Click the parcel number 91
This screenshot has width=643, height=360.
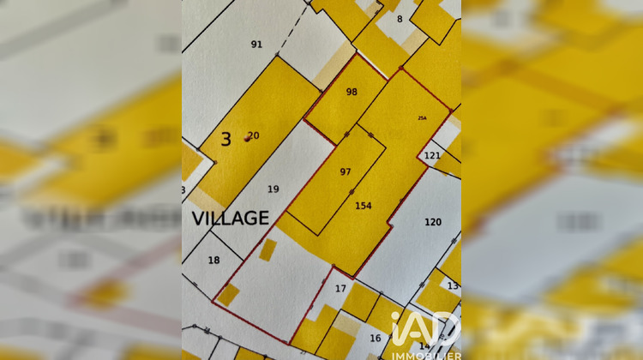click(256, 44)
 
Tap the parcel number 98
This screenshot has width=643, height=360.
click(352, 92)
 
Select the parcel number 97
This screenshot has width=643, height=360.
click(346, 171)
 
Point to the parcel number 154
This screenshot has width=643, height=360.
click(364, 205)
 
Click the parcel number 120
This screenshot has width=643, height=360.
click(433, 222)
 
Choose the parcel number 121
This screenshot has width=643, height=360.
click(432, 155)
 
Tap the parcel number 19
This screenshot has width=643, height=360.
click(273, 189)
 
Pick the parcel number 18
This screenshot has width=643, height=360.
click(213, 260)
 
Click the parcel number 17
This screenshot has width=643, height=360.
click(340, 288)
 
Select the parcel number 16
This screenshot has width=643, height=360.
click(375, 338)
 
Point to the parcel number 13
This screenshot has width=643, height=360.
click(453, 285)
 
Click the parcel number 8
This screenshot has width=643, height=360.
click(400, 18)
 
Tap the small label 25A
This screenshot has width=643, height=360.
click(422, 118)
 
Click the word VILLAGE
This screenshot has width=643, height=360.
click(230, 219)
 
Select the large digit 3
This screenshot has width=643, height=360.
click(225, 139)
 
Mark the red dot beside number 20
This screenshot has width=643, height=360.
click(248, 140)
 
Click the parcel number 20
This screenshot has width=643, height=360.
click(254, 135)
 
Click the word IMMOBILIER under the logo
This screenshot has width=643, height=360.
click(426, 355)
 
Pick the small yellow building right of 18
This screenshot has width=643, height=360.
click(267, 249)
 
